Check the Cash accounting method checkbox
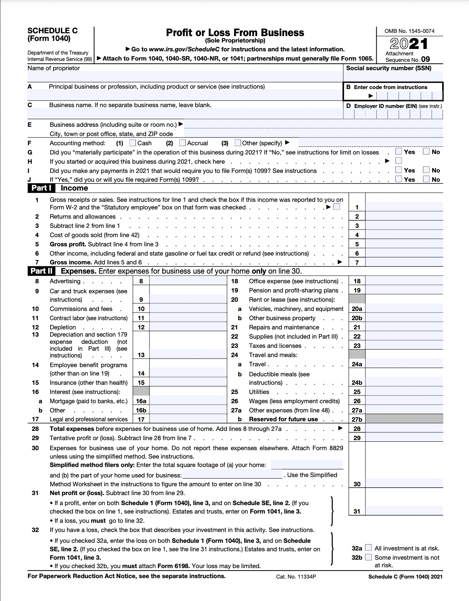coord(133,143)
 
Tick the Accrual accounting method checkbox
coord(182,143)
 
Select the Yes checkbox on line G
coord(398,152)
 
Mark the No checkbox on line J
coord(426,179)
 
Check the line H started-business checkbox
coord(398,161)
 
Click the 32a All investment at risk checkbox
coord(368,548)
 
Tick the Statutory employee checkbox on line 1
coord(337,207)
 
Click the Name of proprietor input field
coord(185,76)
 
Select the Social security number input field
coord(394,76)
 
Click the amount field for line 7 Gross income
coord(404,262)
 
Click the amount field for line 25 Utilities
coord(404,392)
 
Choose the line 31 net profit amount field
coord(404,511)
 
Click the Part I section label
coord(41,188)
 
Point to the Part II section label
coord(41,271)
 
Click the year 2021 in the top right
coord(408,43)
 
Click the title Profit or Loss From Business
coord(235,32)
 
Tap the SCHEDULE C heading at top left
coord(53,31)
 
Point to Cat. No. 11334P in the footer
coord(296,577)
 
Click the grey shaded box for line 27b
coord(404,419)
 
